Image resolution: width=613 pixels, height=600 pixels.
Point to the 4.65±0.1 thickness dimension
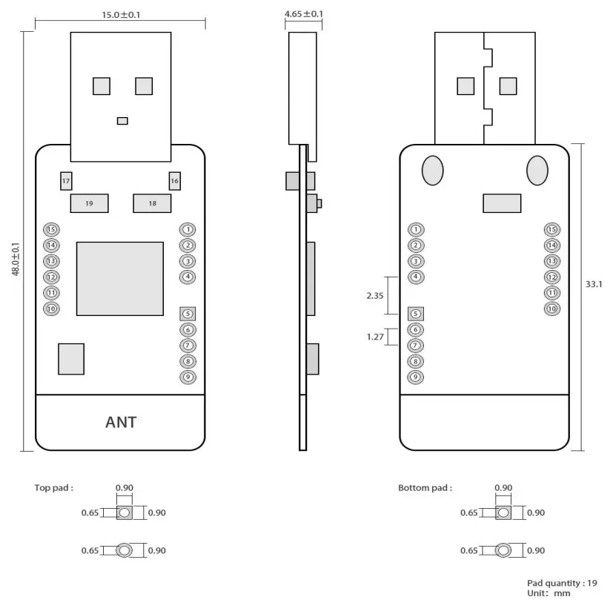tap(304, 14)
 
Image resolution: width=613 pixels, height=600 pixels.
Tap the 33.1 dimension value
tap(594, 284)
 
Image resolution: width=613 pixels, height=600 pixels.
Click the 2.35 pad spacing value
tap(375, 294)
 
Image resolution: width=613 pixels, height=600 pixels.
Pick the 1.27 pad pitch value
tap(375, 337)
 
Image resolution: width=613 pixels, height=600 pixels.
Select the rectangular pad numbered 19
tap(89, 203)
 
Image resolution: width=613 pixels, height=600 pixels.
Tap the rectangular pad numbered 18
tap(152, 203)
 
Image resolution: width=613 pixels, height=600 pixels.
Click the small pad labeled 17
tap(66, 181)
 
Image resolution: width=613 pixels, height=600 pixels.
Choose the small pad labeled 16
tap(174, 181)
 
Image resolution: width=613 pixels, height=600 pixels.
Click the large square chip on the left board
tap(119, 277)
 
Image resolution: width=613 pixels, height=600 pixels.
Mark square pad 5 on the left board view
tap(188, 314)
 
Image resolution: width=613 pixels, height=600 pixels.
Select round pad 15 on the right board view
tap(551, 229)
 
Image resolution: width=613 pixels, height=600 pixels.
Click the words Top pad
tap(54, 488)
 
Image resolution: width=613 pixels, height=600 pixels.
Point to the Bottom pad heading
tap(425, 488)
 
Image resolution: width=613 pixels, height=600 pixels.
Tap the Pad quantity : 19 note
tap(561, 582)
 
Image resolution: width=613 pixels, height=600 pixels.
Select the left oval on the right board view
tap(433, 170)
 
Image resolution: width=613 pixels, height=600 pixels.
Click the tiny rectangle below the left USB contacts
tap(122, 121)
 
